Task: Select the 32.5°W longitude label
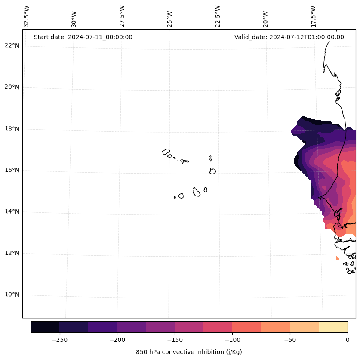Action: coord(27,16)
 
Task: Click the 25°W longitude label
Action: coord(170,18)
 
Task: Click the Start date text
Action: coord(83,37)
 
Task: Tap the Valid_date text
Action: coord(289,37)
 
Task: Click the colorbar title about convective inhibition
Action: coord(189,352)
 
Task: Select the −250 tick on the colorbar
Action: coord(59,339)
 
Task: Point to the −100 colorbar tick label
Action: coord(232,339)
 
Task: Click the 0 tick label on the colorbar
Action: coord(347,339)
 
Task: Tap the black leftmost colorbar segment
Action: coord(45,327)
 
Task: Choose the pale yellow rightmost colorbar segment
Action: coord(333,327)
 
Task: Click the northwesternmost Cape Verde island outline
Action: coord(166,152)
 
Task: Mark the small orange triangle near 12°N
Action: coord(337,258)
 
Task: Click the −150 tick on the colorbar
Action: coord(175,339)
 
